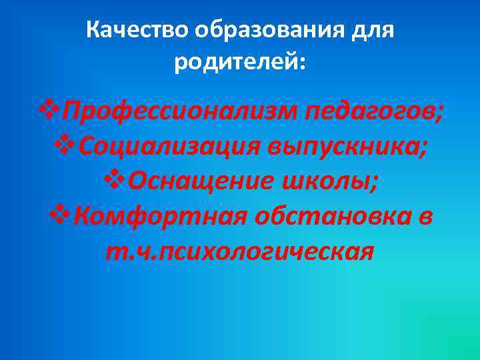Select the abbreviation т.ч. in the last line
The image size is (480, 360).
[127, 251]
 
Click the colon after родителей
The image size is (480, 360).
[304, 65]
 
